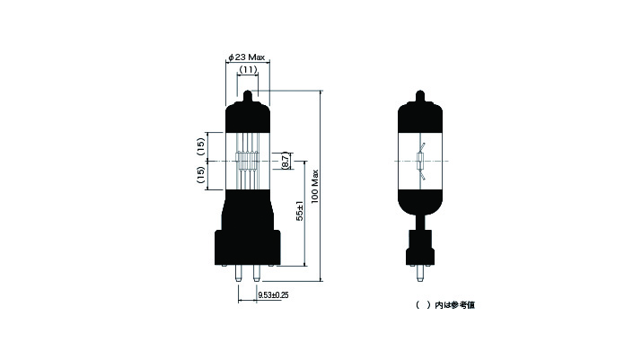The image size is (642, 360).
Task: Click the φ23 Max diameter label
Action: pos(247,57)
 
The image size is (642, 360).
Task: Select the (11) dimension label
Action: pos(248,70)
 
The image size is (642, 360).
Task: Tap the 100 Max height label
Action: pos(315,187)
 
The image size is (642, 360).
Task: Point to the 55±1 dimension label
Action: pos(300,211)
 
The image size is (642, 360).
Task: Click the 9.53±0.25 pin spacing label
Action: pos(273,294)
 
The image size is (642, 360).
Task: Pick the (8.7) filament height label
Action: pos(286,161)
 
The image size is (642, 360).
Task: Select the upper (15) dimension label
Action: pos(200,146)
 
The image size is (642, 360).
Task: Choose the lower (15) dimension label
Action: pos(200,175)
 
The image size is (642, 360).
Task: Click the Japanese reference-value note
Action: pos(445,305)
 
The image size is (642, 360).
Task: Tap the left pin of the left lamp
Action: pos(238,273)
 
